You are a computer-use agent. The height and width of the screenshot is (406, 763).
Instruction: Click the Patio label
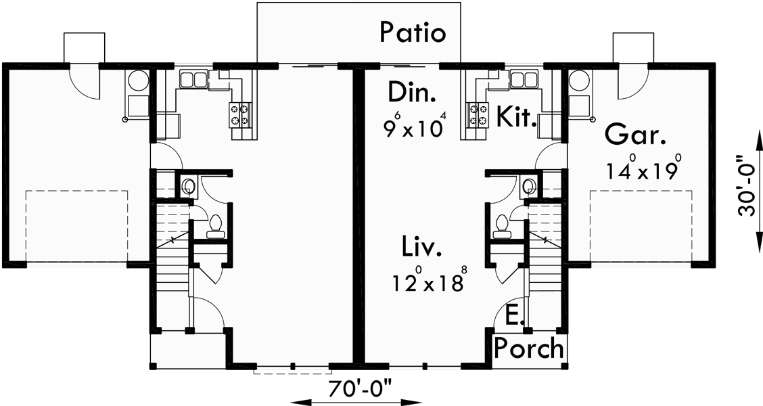click(413, 32)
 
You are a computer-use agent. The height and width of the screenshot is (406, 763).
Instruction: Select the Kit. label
click(517, 116)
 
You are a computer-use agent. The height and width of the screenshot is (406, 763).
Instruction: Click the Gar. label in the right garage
click(634, 135)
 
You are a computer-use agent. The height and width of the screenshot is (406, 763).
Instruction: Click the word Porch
click(528, 348)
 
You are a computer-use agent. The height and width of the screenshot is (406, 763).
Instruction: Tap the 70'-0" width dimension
click(360, 390)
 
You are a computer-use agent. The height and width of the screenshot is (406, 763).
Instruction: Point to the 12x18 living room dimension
click(427, 281)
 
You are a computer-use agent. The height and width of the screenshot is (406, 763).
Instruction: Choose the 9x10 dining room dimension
click(415, 127)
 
